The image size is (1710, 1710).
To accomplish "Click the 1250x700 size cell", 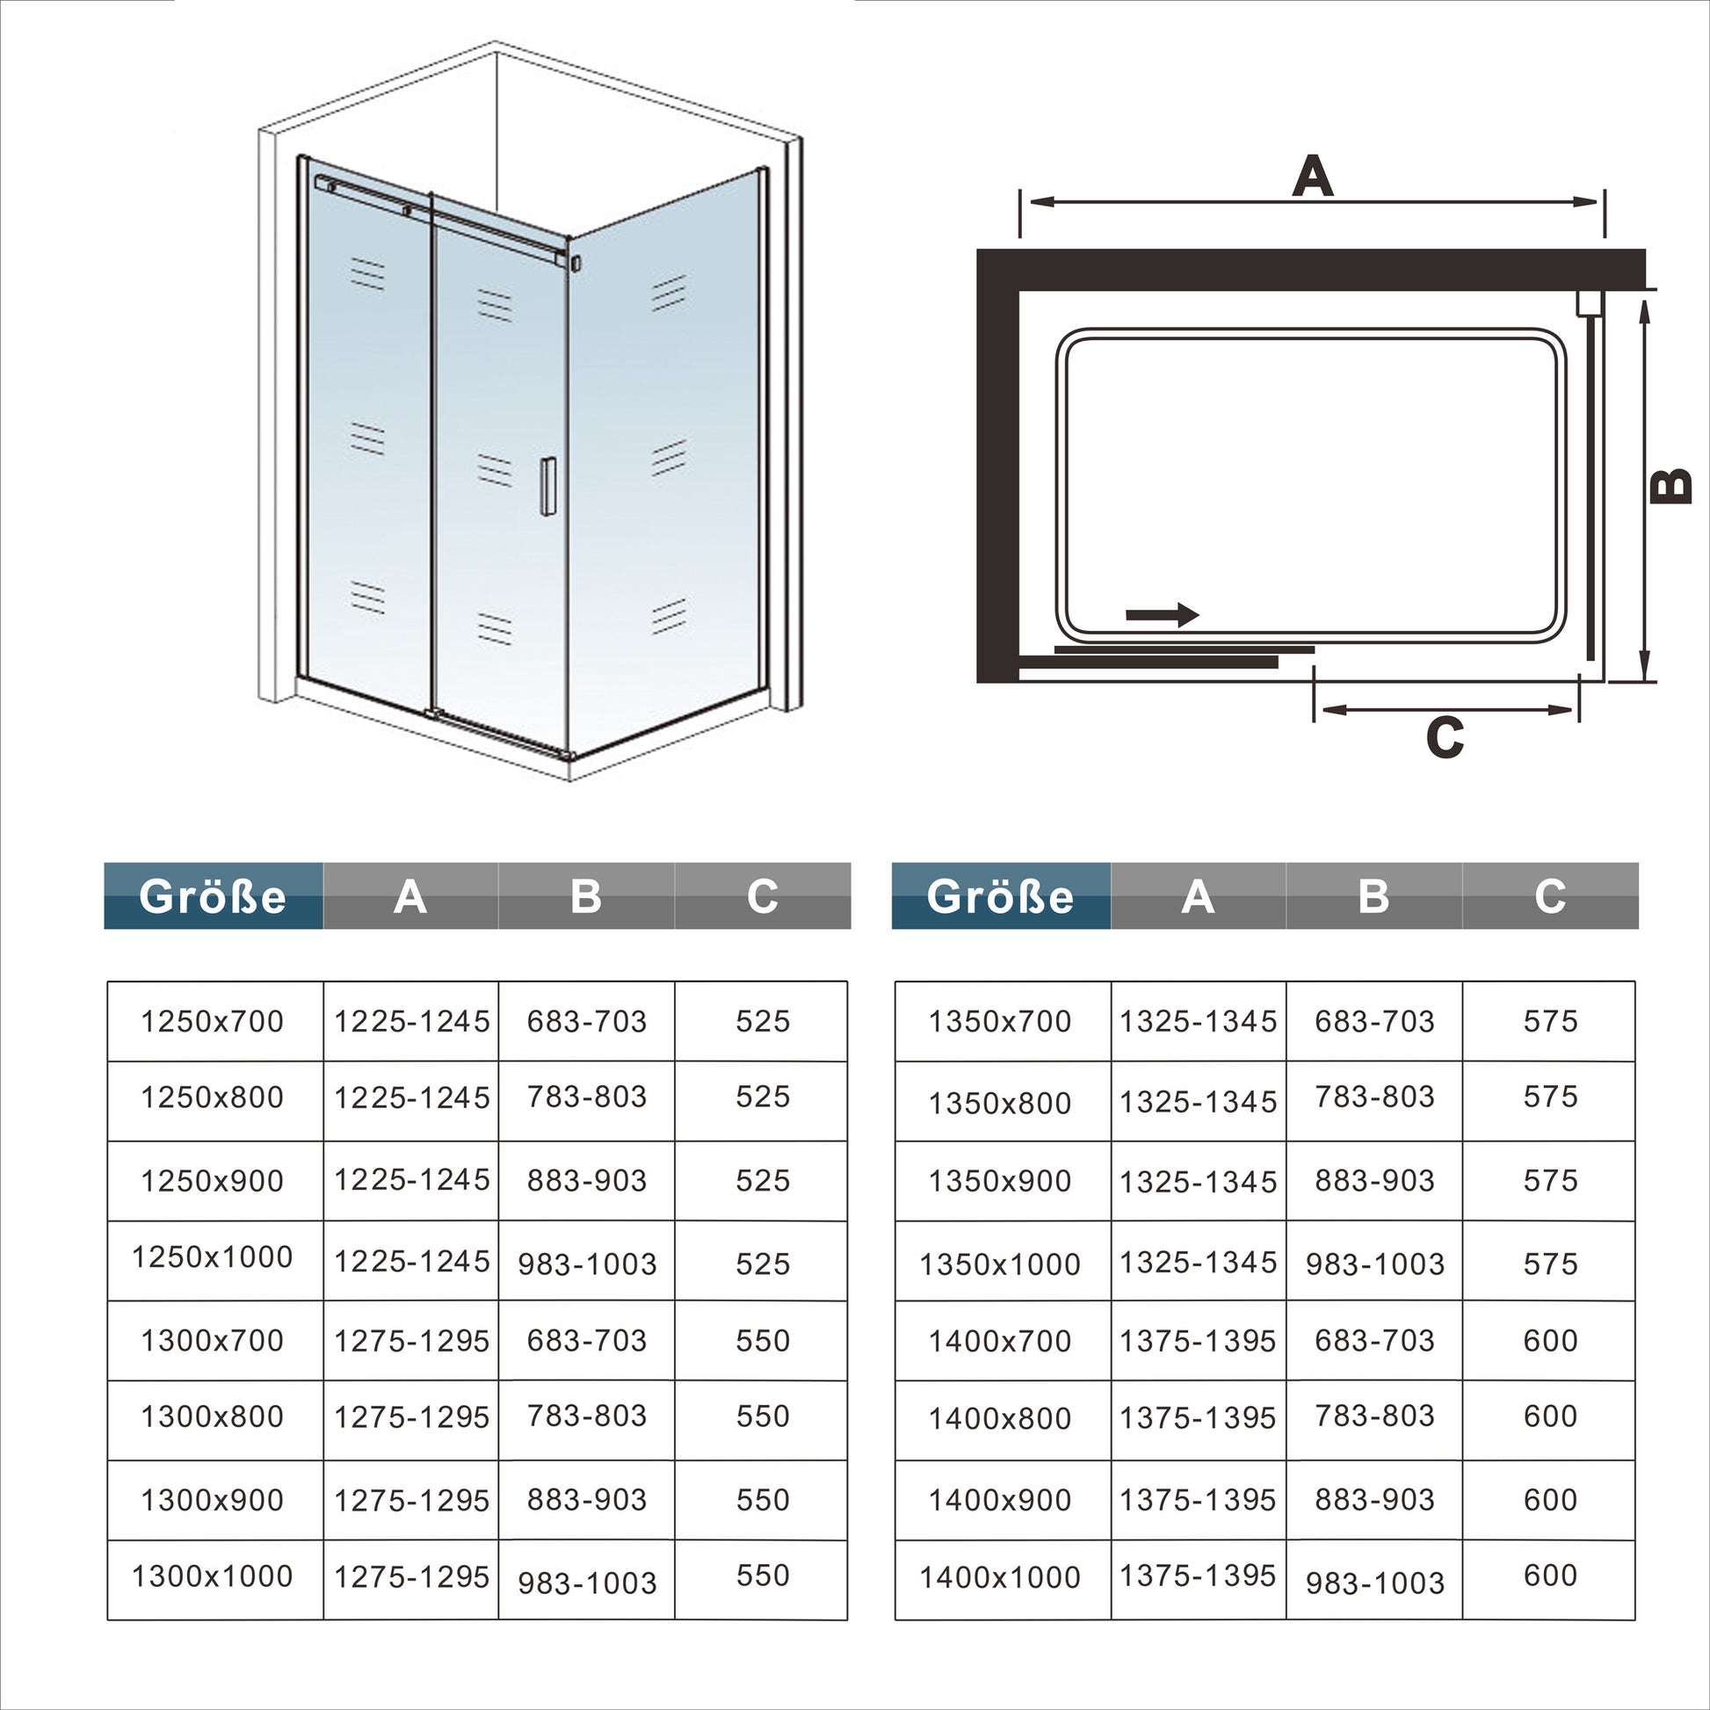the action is tap(213, 1021).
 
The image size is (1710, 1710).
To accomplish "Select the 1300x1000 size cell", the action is tap(213, 1576).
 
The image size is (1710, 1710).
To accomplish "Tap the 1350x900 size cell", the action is tap(1000, 1181).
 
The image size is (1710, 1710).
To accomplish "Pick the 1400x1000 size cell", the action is tap(1000, 1577).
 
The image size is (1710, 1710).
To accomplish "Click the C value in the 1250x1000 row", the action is tap(763, 1264).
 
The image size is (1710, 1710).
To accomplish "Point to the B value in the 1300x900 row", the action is tap(587, 1499).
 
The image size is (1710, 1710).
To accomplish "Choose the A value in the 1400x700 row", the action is tap(1199, 1341).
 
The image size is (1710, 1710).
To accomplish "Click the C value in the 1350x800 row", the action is tap(1551, 1097).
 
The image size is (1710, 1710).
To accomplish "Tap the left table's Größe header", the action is tap(214, 896).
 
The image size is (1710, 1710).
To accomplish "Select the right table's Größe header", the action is tap(1001, 896).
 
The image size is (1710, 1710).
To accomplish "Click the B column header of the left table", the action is tap(586, 896).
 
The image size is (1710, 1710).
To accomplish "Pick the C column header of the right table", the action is tap(1551, 896).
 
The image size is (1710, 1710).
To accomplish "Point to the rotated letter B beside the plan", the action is tap(1671, 487).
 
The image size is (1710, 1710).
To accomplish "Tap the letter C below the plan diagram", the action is tap(1445, 736).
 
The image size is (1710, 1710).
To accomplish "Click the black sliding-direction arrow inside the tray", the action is tap(1163, 614).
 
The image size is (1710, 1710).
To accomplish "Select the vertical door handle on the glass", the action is tap(547, 485).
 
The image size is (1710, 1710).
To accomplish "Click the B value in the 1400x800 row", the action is tap(1374, 1417).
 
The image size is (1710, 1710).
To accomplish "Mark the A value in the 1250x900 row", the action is tap(411, 1180).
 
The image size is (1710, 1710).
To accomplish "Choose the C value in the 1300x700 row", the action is tap(763, 1341).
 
